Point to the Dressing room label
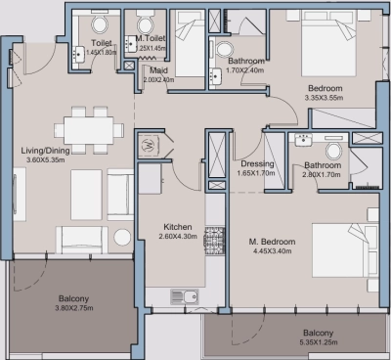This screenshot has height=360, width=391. pyautogui.click(x=257, y=163)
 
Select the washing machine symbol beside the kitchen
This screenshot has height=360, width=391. pyautogui.click(x=151, y=146)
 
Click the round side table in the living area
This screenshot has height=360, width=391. pyautogui.click(x=121, y=236)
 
